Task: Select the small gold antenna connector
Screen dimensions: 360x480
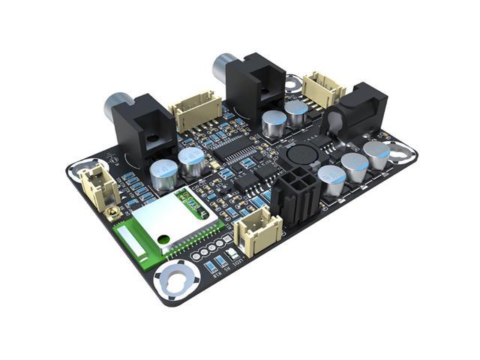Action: pyautogui.click(x=115, y=216)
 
